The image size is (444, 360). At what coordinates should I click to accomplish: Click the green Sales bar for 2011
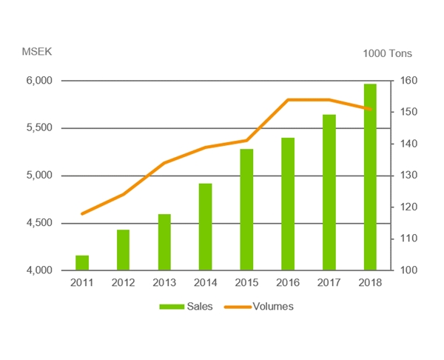pyautogui.click(x=82, y=263)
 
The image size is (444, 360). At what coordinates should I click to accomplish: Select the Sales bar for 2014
pyautogui.click(x=206, y=227)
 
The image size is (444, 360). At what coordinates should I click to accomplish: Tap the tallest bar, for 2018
pyautogui.click(x=370, y=177)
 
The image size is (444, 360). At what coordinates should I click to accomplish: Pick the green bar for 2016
pyautogui.click(x=288, y=204)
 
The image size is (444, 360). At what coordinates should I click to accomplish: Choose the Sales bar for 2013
pyautogui.click(x=164, y=242)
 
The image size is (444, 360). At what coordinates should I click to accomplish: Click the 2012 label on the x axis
pyautogui.click(x=123, y=282)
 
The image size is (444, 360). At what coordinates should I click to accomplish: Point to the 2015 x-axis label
pyautogui.click(x=246, y=282)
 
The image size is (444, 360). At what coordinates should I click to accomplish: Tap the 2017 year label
pyautogui.click(x=329, y=282)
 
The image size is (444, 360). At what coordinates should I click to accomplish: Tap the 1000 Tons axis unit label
pyautogui.click(x=387, y=53)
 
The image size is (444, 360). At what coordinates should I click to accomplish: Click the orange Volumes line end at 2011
pyautogui.click(x=82, y=213)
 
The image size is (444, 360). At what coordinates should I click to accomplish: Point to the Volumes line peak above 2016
pyautogui.click(x=288, y=100)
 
